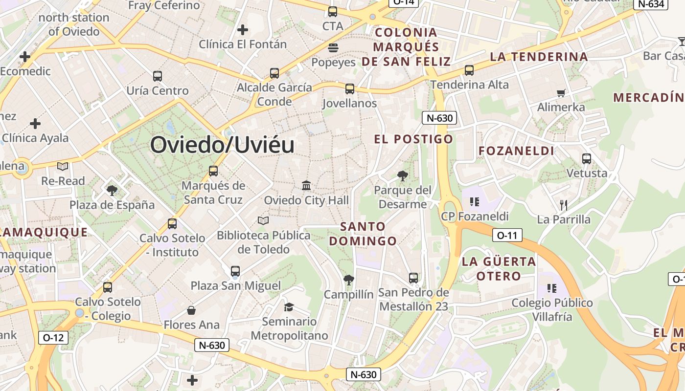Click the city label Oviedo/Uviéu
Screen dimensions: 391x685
click(x=222, y=145)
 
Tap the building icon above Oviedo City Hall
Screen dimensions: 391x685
click(x=307, y=185)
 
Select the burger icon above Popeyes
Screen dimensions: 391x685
click(x=333, y=47)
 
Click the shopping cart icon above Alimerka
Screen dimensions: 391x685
click(x=561, y=93)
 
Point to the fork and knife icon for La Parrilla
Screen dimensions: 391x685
click(x=564, y=205)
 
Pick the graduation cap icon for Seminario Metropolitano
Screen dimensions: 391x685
click(x=289, y=307)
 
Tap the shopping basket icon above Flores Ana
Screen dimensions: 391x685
click(x=191, y=310)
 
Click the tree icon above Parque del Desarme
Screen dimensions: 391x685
click(x=403, y=175)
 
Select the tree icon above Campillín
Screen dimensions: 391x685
click(x=349, y=280)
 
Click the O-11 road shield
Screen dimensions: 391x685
click(x=507, y=235)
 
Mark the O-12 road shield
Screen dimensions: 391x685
click(x=53, y=337)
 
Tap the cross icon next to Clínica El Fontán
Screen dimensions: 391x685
click(x=243, y=30)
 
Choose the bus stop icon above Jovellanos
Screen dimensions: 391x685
click(x=349, y=89)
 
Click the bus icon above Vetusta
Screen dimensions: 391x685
click(x=586, y=159)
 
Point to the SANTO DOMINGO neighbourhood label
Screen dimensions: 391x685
click(x=363, y=234)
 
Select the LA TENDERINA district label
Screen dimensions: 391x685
click(x=539, y=57)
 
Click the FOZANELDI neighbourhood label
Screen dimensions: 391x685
click(x=516, y=151)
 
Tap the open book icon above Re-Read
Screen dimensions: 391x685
click(x=63, y=167)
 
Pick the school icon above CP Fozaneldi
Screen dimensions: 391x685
click(x=474, y=201)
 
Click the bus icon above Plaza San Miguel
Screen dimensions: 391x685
click(x=235, y=271)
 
